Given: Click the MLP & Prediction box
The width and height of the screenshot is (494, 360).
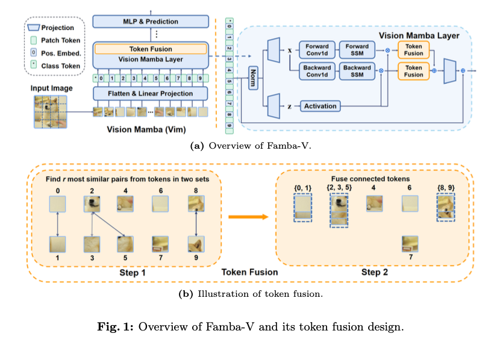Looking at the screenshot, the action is click(151, 22).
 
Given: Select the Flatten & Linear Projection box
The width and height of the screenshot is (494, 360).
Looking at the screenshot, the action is click(150, 93).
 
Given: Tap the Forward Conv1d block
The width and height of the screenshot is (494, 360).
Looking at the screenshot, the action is click(317, 50).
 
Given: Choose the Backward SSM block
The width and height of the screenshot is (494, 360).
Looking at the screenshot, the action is click(357, 71).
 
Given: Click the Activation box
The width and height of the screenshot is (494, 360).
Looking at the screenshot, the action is click(320, 106).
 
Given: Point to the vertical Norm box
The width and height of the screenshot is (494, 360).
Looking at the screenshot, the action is click(253, 78).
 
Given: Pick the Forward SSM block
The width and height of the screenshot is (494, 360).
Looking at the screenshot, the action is click(357, 50).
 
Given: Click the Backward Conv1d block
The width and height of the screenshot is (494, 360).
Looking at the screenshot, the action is click(317, 71).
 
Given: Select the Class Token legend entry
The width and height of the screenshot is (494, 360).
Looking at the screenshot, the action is click(55, 66).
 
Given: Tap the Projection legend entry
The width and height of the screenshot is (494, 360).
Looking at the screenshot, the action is click(51, 28).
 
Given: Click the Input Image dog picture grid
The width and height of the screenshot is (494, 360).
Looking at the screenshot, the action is click(51, 112).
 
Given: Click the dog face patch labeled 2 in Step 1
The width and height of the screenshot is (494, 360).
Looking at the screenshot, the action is click(92, 204).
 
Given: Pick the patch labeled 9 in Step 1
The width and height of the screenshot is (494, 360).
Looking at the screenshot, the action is click(196, 244).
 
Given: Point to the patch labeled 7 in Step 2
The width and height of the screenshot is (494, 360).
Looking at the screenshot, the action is click(410, 244).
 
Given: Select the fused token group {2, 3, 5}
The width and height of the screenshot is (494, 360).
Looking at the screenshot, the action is click(339, 210).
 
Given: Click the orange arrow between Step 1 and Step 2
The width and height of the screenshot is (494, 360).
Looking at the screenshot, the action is click(248, 217).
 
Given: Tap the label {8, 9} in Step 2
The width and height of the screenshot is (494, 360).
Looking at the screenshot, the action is click(446, 188).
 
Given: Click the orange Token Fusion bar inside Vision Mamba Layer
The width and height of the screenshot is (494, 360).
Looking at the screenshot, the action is click(151, 49).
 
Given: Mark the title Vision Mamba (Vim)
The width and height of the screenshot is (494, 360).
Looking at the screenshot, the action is click(146, 129).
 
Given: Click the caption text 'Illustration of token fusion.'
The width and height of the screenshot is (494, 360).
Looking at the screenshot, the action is click(260, 294).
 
